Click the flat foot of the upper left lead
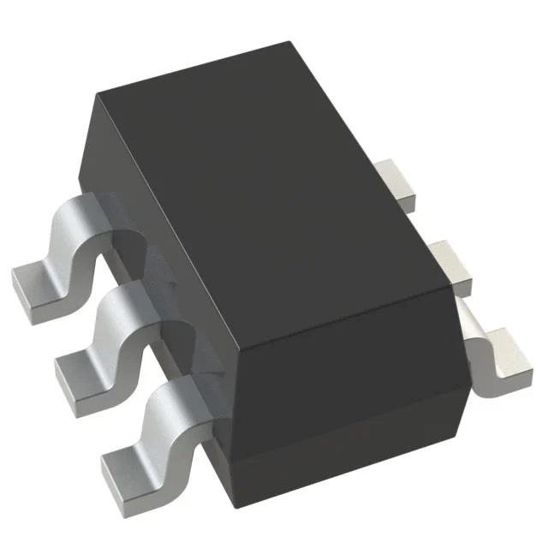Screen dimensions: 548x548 36,283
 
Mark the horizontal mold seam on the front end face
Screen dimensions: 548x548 342,425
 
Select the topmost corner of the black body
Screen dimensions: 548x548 291,43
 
